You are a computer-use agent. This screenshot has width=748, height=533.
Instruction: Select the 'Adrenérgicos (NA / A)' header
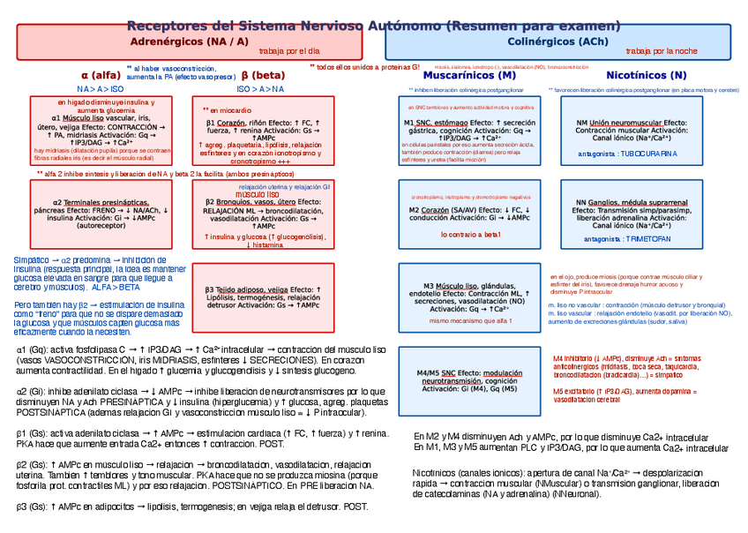coord(189,41)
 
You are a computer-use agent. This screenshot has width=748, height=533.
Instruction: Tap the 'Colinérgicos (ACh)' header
coord(557,41)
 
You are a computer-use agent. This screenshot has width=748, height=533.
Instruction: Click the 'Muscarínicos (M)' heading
coord(476,76)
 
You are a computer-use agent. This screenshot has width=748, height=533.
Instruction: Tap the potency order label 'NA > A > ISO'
coord(101,89)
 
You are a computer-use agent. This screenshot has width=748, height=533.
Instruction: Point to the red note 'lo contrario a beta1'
coord(470,235)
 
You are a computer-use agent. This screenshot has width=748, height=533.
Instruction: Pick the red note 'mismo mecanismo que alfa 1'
coord(470,321)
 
